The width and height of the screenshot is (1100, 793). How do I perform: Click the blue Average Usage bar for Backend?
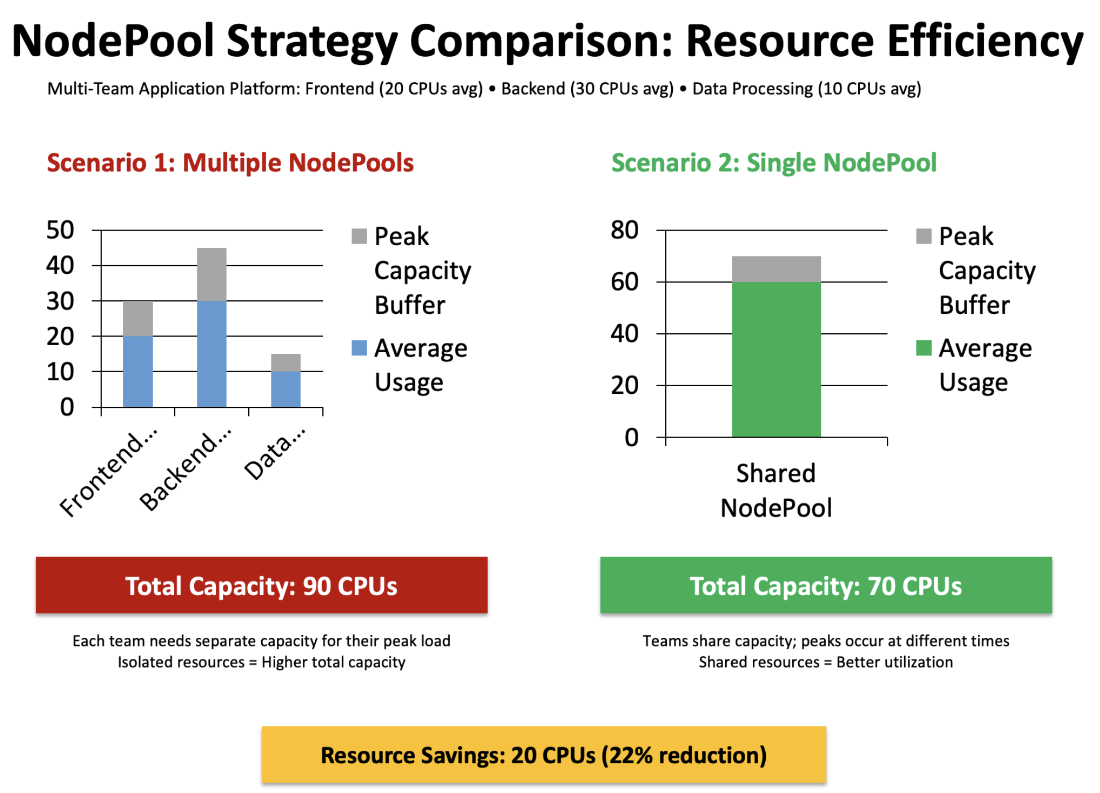[211, 353]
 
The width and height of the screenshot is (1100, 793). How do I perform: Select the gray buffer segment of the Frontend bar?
[138, 318]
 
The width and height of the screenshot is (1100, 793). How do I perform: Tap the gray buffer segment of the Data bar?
[286, 362]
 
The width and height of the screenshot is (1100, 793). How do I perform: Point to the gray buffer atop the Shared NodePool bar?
[776, 269]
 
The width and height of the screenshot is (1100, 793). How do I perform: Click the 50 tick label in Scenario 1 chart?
[60, 230]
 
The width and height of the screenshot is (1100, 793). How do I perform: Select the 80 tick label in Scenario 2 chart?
[625, 230]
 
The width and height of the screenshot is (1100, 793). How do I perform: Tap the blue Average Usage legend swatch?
[359, 348]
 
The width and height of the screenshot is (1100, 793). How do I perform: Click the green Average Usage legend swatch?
[924, 348]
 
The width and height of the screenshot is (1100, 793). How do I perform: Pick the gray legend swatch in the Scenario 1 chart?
[359, 236]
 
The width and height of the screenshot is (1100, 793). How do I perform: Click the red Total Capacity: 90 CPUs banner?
[261, 585]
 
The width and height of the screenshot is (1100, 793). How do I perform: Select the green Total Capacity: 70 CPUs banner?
[826, 585]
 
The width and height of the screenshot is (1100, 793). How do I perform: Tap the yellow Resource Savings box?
[544, 755]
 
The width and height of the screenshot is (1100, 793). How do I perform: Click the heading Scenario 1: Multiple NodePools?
[230, 163]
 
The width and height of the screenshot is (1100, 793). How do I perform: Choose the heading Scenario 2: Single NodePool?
[774, 163]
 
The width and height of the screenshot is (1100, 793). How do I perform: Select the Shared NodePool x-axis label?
[776, 490]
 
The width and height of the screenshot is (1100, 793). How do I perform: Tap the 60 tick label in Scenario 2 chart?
[625, 282]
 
